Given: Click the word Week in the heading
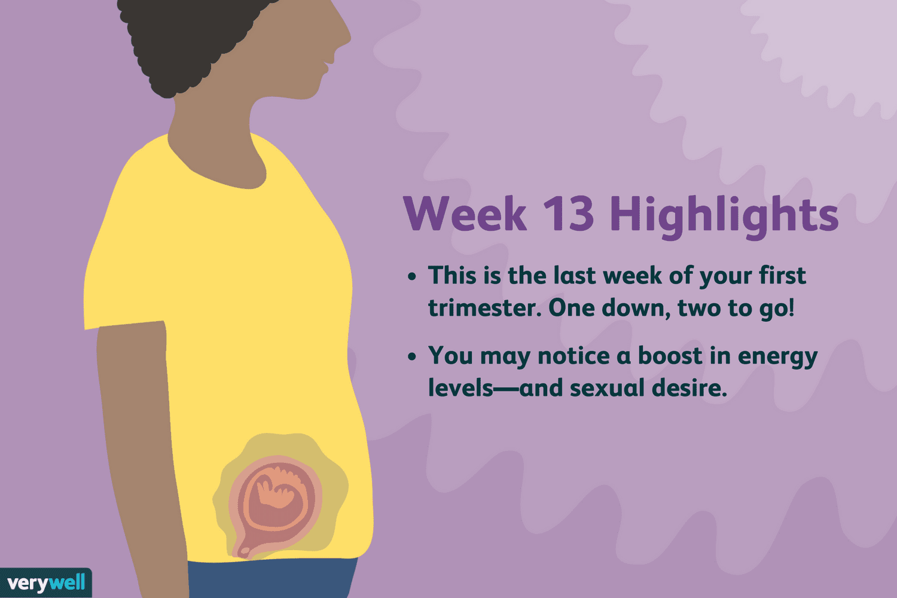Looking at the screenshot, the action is (465, 213).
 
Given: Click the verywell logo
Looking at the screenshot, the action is (45, 582).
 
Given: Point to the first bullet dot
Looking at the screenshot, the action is (412, 277).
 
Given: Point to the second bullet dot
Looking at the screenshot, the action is (412, 357).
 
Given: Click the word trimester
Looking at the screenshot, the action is (484, 308).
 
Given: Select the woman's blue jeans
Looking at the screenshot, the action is (272, 578).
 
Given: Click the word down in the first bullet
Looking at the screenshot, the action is (636, 308).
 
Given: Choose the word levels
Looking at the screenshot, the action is (460, 388).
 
